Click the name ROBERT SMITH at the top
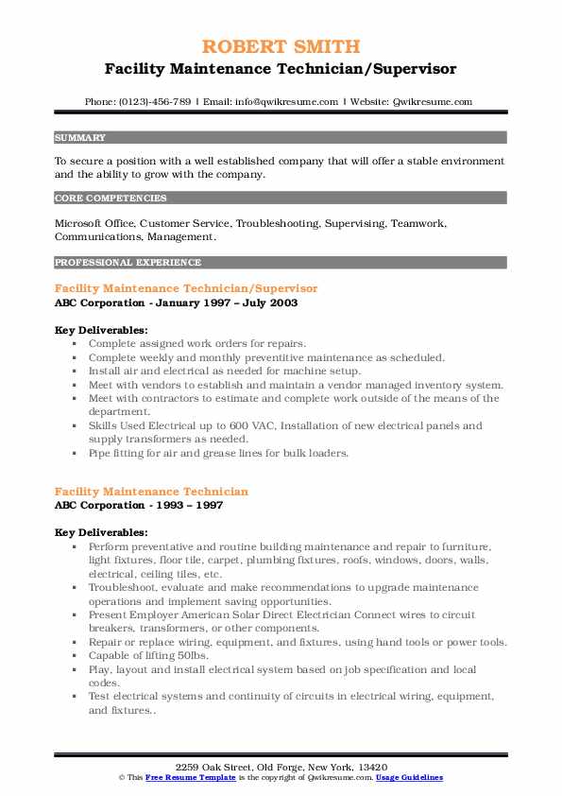click(x=281, y=47)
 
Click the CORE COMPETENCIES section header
click(x=111, y=199)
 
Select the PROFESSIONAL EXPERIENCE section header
click(x=128, y=262)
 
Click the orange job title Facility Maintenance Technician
click(x=152, y=492)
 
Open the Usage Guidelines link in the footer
click(x=409, y=777)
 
